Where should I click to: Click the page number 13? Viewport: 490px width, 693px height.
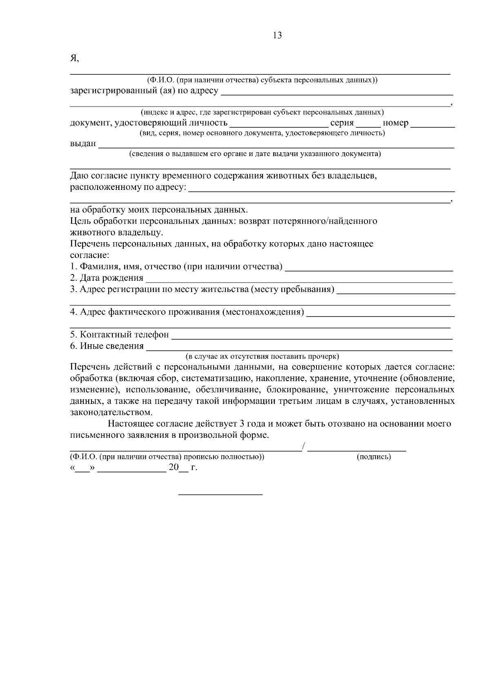click(x=277, y=36)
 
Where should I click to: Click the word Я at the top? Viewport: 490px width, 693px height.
click(x=73, y=58)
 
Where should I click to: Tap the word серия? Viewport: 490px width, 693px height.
click(x=342, y=123)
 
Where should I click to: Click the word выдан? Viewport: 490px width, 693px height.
click(x=83, y=143)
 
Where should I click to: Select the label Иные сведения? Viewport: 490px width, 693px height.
click(x=111, y=346)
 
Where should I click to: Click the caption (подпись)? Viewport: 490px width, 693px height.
click(x=374, y=457)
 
